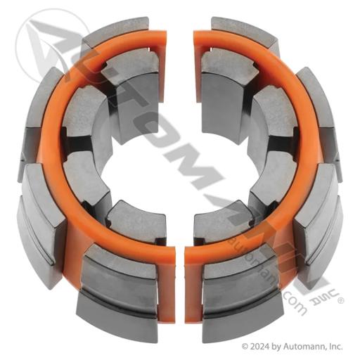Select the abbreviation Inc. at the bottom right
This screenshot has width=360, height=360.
335,346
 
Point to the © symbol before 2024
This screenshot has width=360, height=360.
245,347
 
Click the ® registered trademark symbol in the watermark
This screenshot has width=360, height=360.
341,300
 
